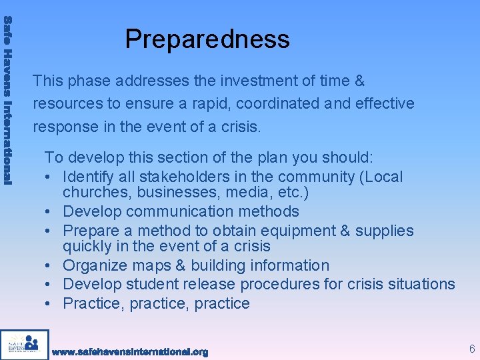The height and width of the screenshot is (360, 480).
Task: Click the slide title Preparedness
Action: click(207, 39)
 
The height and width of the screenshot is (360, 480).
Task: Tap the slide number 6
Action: click(472, 349)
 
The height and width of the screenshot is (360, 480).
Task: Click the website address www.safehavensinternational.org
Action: click(130, 351)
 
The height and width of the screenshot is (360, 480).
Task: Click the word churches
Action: click(93, 193)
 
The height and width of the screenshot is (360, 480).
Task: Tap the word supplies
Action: click(385, 231)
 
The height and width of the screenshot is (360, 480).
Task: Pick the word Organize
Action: click(95, 265)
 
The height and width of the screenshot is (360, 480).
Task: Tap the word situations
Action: click(419, 284)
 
